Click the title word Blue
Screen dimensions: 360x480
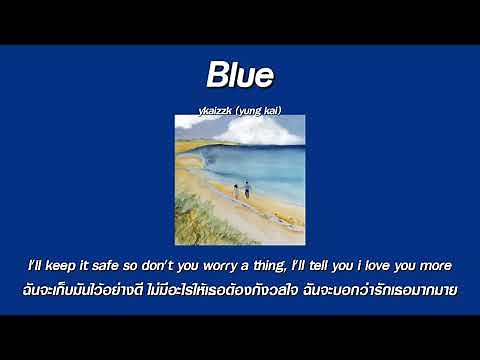pyautogui.click(x=240, y=73)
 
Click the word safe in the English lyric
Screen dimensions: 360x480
pyautogui.click(x=117, y=265)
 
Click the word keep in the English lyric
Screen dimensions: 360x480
pyautogui.click(x=69, y=265)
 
